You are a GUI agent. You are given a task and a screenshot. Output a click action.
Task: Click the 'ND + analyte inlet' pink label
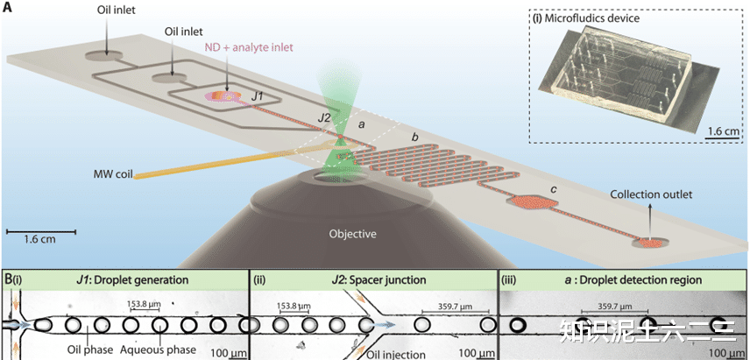[x=248, y=47]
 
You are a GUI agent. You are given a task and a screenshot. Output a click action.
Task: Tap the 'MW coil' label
[x=112, y=173]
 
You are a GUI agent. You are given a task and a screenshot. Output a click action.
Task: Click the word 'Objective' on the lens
[x=352, y=234]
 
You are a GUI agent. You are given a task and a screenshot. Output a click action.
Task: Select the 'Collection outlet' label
[x=652, y=194]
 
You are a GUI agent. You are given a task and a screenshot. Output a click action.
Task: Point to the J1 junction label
[x=258, y=97]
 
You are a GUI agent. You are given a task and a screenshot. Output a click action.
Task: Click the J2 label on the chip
[x=325, y=118]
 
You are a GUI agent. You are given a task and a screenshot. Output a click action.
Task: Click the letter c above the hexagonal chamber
[x=553, y=188]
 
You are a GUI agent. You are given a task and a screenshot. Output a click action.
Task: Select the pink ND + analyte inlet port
[x=221, y=96]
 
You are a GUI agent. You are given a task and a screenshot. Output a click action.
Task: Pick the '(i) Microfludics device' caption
[x=586, y=18]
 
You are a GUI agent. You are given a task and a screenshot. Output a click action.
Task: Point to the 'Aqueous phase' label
[x=159, y=349]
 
